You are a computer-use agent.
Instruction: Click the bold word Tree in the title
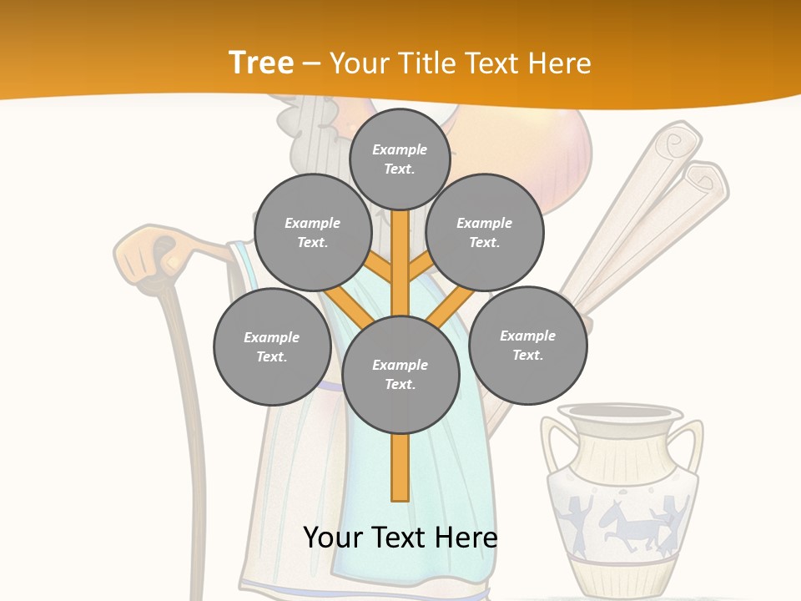260,63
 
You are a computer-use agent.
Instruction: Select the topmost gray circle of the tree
400,159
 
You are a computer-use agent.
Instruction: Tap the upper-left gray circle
312,233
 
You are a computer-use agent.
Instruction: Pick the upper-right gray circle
484,233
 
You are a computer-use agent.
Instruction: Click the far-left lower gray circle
271,347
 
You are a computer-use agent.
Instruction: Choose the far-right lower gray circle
527,346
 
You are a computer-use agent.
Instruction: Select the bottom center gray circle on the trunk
400,375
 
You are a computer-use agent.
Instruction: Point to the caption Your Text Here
400,537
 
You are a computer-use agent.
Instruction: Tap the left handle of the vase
552,447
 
